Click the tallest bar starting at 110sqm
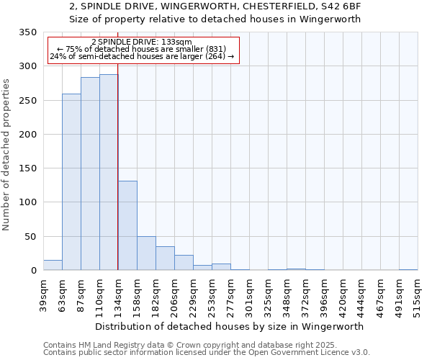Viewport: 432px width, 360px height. point(109,173)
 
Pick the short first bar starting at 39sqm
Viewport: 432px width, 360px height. point(53,265)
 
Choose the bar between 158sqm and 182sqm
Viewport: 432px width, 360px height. point(146,253)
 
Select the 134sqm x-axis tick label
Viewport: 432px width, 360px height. point(118,295)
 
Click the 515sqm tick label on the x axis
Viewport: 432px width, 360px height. point(418,295)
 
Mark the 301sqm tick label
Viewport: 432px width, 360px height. point(249,295)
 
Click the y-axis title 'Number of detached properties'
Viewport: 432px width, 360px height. point(7,155)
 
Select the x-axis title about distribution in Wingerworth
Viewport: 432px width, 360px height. point(229,326)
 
